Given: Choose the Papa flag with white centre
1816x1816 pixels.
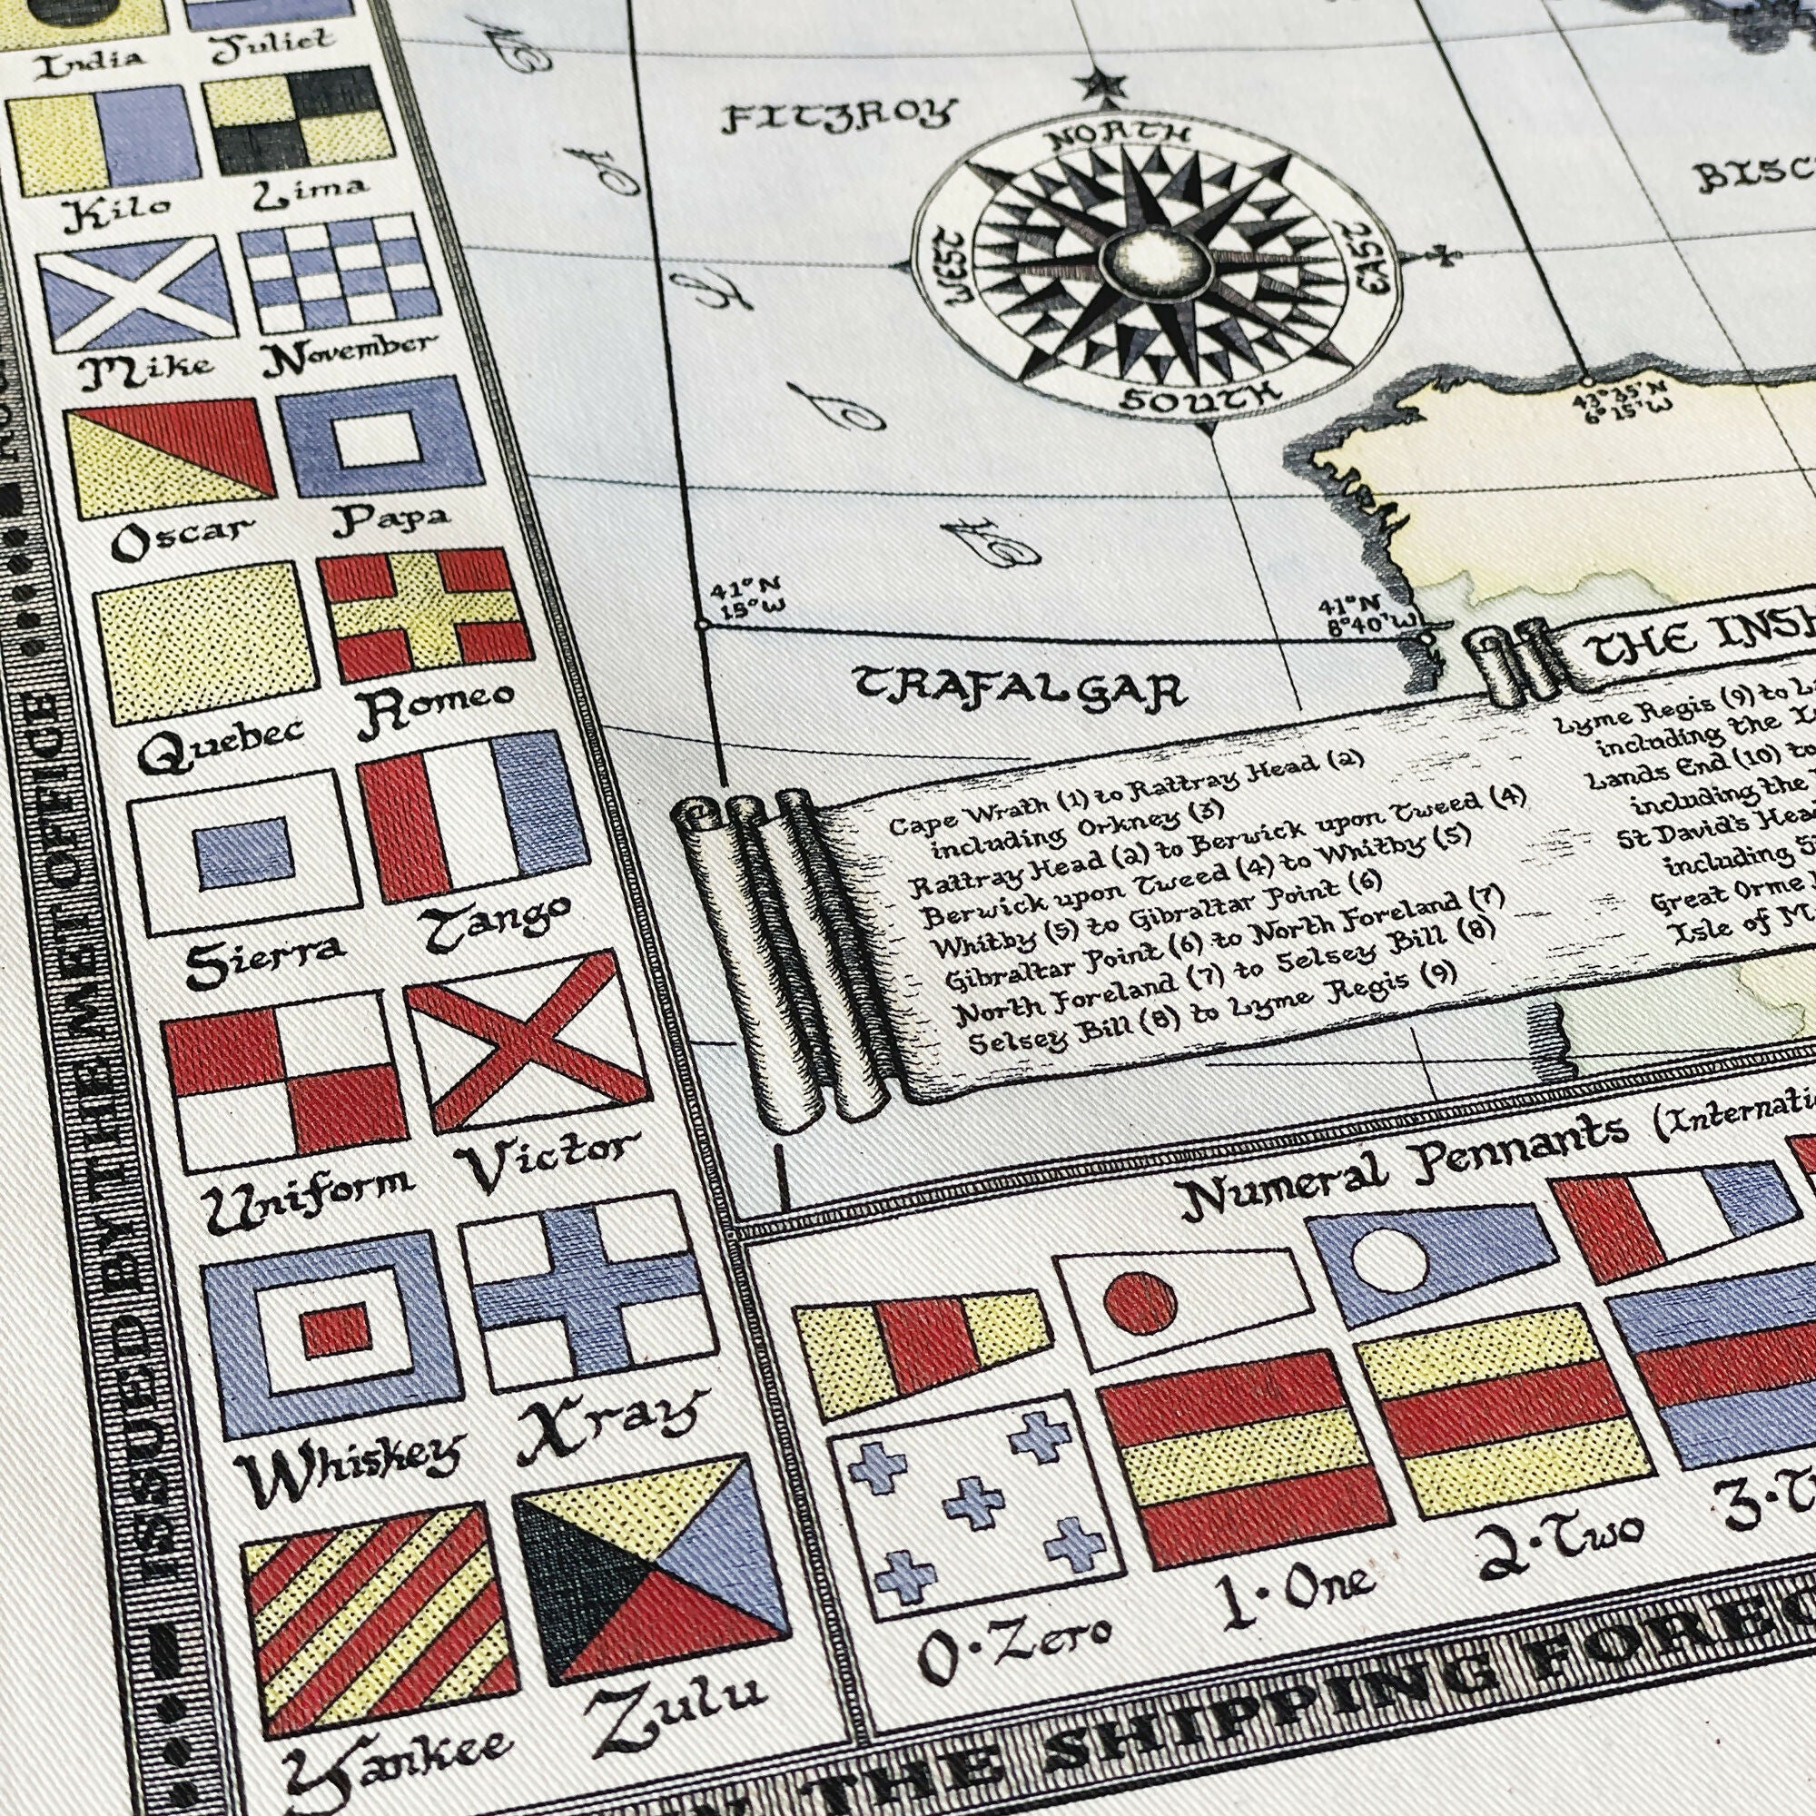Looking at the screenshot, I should coord(380,437).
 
